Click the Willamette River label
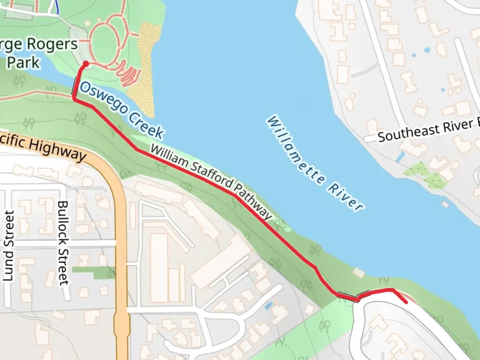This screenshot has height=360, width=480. [x=315, y=163]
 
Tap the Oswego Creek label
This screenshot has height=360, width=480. [x=122, y=110]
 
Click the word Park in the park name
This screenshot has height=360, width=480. [x=23, y=62]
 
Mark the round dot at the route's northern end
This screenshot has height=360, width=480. [x=86, y=64]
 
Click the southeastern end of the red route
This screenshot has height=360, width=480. [x=406, y=302]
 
